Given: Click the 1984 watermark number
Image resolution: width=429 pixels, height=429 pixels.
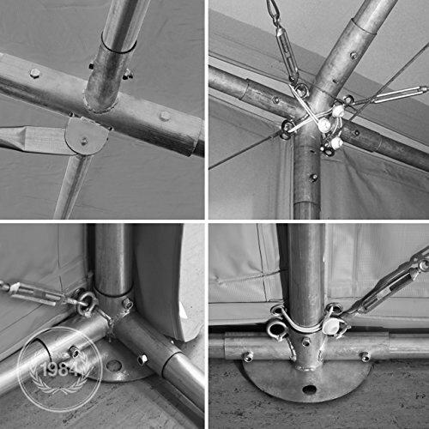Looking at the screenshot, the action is (60, 370).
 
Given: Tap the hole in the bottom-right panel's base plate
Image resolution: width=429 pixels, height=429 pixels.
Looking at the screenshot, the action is (310, 389).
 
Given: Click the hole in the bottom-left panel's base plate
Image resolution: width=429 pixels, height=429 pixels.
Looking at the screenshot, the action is (113, 366).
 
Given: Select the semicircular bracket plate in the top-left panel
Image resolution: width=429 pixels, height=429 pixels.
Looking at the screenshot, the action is (86, 136).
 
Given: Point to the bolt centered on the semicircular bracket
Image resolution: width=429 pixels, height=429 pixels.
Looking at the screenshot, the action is (84, 141).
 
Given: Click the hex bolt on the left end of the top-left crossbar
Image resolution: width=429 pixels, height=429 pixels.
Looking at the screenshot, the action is (35, 74).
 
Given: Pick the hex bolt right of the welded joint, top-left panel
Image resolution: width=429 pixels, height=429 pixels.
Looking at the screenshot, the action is (165, 116).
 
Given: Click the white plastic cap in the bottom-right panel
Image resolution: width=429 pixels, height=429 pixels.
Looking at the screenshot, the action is (332, 326).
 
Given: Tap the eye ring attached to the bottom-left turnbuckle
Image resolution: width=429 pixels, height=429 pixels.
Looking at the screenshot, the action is (87, 302).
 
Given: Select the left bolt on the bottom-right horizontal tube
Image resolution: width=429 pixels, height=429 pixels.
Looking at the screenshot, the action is (248, 357).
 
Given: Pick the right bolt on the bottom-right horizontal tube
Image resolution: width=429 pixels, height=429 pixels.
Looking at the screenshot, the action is (365, 357).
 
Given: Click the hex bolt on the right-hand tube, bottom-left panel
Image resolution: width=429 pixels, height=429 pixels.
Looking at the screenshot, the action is (142, 360).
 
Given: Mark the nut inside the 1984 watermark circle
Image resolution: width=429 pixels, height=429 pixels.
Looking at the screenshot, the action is (75, 352).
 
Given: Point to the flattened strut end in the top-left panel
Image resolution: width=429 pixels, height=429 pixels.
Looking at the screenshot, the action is (32, 139).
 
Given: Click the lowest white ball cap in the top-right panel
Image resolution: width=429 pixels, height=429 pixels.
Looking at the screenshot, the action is (336, 142).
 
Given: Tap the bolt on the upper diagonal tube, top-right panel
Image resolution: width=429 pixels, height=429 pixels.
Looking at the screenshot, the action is (354, 55).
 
